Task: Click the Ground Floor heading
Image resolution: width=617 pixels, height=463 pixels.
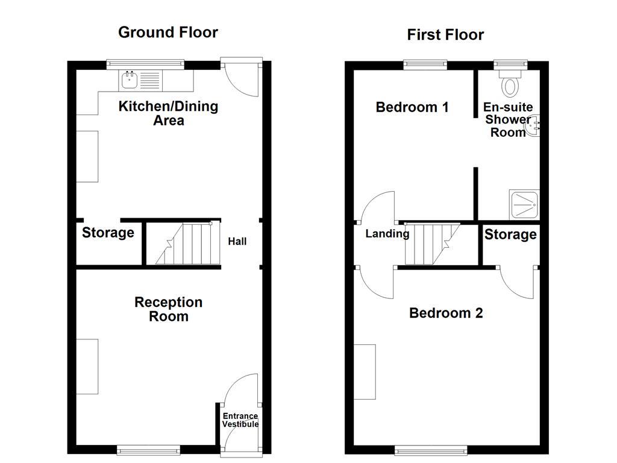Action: click(168, 32)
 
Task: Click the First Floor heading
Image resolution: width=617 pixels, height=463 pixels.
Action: click(445, 35)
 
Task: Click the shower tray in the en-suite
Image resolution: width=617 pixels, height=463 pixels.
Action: click(524, 204)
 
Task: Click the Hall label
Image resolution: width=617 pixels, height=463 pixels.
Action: click(237, 241)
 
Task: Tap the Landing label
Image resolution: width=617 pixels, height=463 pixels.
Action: click(387, 234)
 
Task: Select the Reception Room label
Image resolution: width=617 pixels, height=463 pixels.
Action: click(168, 309)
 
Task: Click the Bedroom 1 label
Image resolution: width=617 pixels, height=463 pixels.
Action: click(412, 107)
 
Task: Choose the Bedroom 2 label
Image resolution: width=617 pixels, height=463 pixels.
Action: click(445, 313)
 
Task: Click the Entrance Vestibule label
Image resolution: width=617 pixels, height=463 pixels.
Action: click(240, 420)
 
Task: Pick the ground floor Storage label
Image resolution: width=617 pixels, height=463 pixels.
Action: click(108, 233)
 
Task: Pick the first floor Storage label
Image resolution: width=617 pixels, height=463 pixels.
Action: click(510, 235)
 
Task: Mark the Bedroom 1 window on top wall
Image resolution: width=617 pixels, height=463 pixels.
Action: click(425, 64)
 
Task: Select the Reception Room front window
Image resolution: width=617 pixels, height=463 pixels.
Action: click(148, 449)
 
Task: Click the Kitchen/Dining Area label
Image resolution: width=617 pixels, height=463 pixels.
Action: click(168, 113)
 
